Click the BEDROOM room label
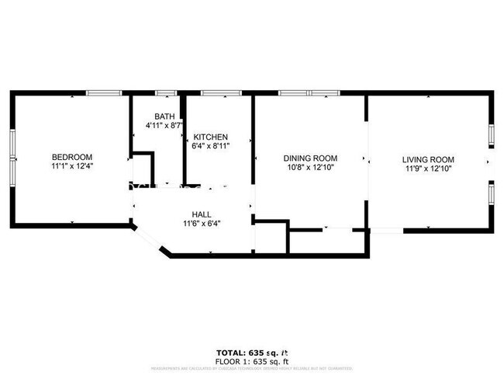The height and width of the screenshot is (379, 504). pos(72,156)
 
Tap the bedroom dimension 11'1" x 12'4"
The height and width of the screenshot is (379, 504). pos(72,166)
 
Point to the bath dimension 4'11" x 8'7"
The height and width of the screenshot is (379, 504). pos(164,125)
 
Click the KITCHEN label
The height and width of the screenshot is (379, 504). pos(210,137)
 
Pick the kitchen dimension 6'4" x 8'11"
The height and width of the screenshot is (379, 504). pos(210,147)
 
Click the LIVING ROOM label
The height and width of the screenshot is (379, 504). pos(428,160)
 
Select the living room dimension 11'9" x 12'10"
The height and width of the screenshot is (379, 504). pos(428,169)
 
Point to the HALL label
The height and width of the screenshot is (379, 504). pos(202,214)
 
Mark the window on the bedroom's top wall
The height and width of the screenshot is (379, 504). pos(103,93)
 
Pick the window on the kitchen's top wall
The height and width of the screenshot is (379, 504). pos(222,93)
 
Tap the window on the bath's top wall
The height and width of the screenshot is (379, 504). pos(167,93)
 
